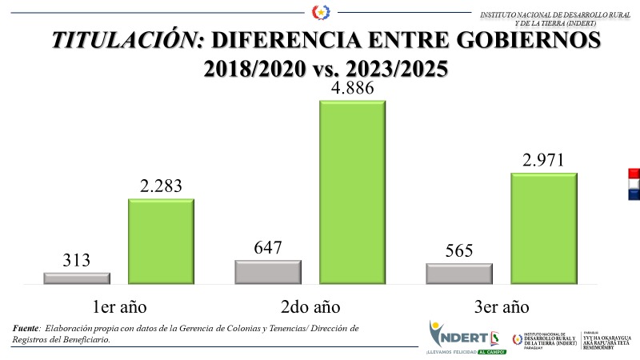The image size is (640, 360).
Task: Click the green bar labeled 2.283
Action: tap(161, 241)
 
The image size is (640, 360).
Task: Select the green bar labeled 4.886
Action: tap(352, 192)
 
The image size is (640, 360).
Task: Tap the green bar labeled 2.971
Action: tap(543, 228)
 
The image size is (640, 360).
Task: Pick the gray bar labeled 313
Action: tap(77, 278)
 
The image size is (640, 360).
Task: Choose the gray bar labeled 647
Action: tap(267, 272)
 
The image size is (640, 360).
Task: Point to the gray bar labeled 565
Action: tap(458, 274)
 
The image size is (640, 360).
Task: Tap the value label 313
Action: tap(77, 260)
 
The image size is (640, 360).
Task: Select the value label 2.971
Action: tap(543, 159)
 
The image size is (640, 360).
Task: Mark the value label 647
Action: tap(267, 247)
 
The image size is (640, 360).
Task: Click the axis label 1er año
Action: tap(120, 308)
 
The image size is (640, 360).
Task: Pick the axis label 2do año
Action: tap(310, 308)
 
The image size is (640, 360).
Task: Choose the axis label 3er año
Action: tap(502, 308)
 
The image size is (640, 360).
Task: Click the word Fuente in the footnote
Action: tap(26, 329)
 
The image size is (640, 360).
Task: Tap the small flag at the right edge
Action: tap(634, 183)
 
